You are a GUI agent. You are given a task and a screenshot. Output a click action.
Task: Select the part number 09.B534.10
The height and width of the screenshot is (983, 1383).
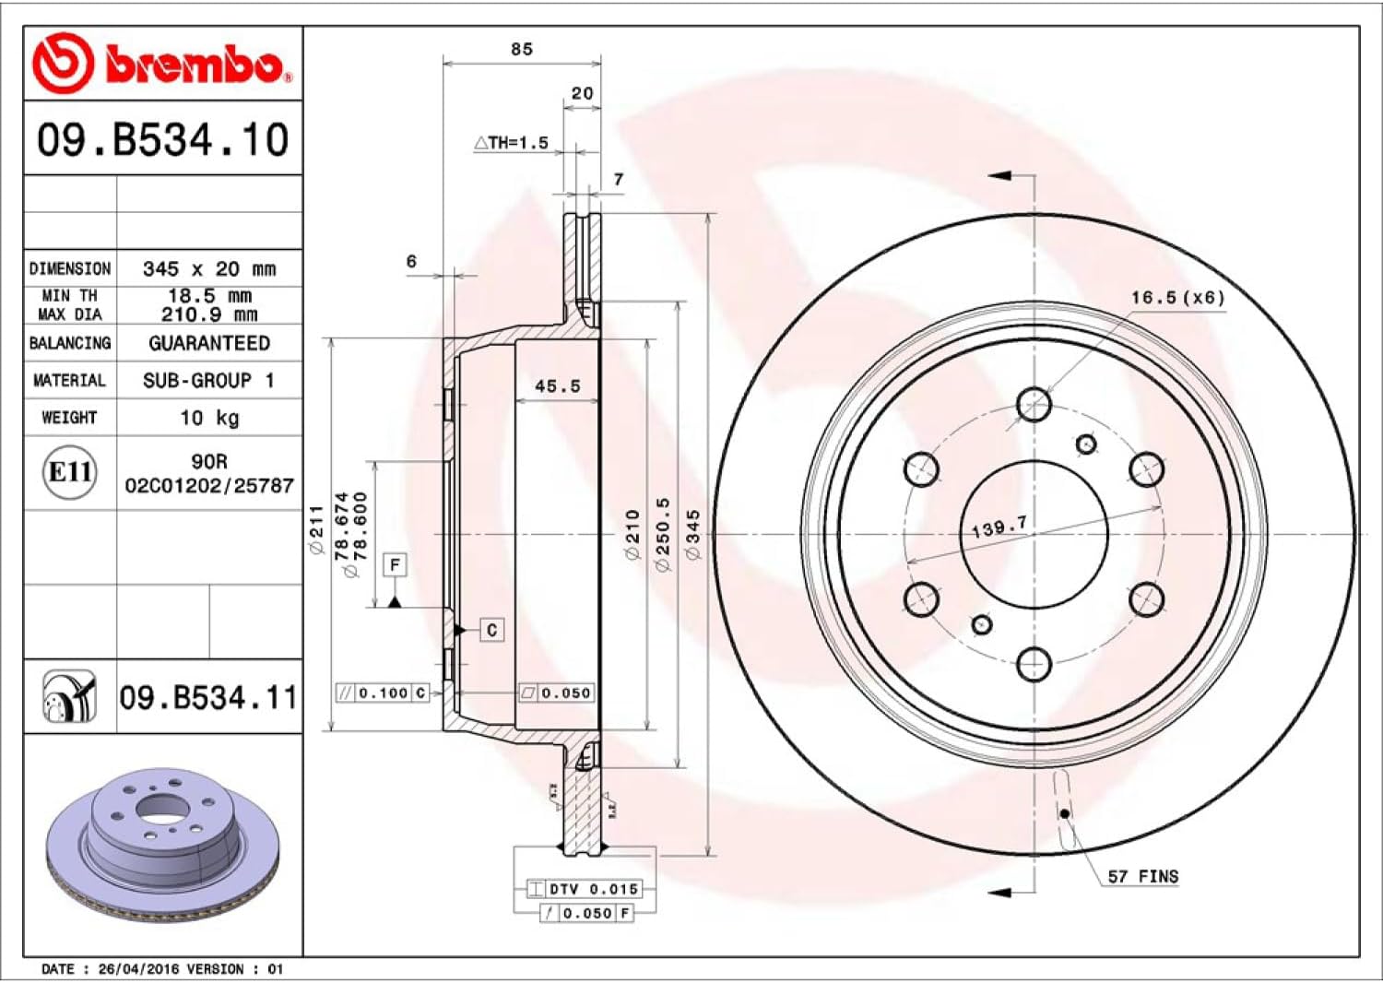point(162,140)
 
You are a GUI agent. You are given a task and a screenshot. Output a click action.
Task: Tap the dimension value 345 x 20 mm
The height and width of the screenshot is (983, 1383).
point(209,269)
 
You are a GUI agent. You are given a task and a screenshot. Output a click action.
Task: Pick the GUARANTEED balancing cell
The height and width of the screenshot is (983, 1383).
point(209,343)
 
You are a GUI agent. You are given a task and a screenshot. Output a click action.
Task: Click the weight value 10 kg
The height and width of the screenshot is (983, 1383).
point(209,418)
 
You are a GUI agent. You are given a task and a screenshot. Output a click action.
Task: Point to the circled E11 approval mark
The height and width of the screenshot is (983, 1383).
point(70,472)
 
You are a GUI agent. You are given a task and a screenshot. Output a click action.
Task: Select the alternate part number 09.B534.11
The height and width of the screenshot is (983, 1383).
point(208,698)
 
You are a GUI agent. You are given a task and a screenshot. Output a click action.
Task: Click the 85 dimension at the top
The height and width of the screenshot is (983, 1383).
point(522,49)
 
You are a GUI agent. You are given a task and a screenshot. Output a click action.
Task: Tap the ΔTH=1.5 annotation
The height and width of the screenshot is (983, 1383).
point(511,143)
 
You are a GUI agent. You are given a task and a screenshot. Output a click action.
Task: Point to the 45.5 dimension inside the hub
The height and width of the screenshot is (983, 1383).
point(558,386)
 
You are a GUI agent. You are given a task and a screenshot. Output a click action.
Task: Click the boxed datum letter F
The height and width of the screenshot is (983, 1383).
point(395,564)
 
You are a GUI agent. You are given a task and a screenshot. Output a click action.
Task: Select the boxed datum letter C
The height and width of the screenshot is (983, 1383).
point(491,630)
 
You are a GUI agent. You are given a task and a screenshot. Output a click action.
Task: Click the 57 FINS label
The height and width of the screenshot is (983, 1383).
point(1142,876)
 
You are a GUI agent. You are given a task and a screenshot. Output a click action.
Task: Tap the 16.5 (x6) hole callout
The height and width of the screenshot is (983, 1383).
point(1177,298)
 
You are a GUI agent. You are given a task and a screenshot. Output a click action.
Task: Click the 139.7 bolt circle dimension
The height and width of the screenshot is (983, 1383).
point(999,527)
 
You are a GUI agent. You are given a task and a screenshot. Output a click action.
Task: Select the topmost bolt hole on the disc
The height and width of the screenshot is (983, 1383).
point(1034,404)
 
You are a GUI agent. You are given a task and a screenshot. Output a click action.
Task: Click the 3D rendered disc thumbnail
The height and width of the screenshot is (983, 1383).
point(162,844)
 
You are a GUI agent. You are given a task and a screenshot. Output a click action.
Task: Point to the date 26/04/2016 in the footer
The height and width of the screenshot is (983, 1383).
point(138,969)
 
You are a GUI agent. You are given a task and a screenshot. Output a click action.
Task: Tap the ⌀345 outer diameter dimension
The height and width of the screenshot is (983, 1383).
point(693,535)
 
